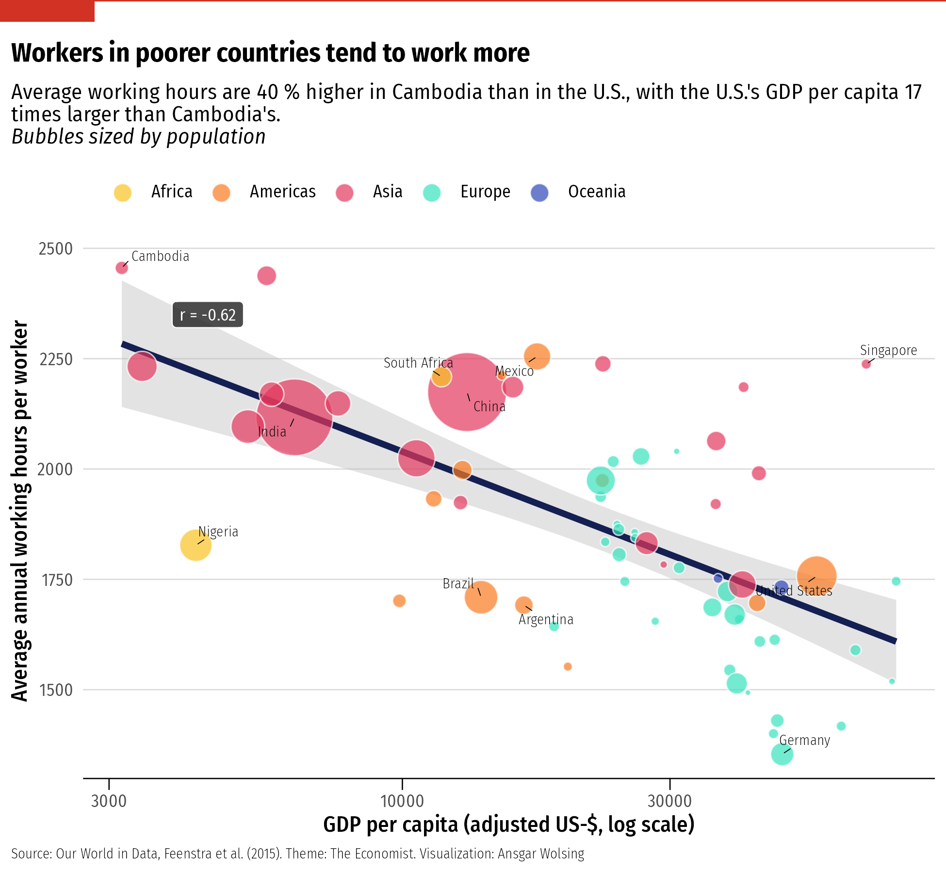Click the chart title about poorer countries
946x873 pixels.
point(270,53)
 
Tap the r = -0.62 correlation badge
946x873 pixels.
point(208,315)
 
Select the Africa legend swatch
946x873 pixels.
point(123,193)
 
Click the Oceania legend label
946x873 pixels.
point(596,192)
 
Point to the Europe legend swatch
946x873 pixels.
point(431,193)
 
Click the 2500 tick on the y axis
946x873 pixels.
point(56,249)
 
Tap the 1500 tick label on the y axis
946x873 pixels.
point(56,690)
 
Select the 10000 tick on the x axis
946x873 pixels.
point(402,801)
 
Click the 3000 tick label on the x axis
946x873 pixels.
point(109,801)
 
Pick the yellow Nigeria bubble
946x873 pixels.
point(195,545)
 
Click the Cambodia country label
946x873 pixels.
point(160,257)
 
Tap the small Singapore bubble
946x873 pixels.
point(866,364)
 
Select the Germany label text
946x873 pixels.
point(804,741)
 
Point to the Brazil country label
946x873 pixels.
point(458,583)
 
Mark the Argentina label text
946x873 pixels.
point(546,620)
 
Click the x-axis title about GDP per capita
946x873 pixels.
point(508,825)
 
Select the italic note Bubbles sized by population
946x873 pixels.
point(139,137)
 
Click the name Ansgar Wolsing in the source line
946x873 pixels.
point(541,854)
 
